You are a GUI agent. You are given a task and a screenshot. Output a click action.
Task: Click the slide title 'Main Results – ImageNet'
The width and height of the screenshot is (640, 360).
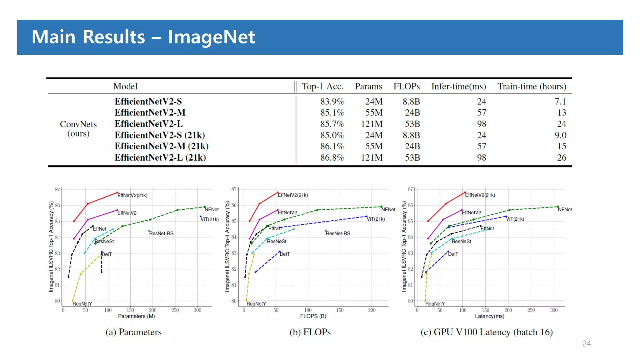coord(143,37)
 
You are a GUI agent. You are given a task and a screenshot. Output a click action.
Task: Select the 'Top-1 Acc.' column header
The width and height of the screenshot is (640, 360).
coord(322,87)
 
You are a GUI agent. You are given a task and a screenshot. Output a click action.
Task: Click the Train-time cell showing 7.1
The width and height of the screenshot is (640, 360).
coord(560,102)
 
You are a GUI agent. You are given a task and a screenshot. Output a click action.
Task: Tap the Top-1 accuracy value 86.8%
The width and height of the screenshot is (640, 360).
coord(332,157)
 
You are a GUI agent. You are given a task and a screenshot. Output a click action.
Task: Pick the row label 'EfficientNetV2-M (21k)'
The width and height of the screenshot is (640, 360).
coord(161,146)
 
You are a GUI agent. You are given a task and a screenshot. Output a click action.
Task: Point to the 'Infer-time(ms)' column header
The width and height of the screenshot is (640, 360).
coord(458,87)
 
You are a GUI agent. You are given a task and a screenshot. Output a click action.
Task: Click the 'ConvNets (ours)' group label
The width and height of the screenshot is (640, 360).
coord(78,129)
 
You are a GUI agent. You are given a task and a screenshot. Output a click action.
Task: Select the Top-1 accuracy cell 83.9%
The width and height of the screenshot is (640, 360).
coord(332,102)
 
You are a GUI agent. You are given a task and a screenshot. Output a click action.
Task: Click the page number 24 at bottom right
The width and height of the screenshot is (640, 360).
coord(587,344)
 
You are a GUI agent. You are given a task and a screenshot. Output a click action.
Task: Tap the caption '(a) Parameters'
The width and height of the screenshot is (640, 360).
coord(133,332)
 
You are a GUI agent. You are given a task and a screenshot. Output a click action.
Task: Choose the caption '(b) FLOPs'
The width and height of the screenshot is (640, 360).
coord(310,332)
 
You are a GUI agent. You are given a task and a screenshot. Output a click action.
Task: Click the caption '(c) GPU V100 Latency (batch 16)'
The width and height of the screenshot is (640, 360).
coord(487,332)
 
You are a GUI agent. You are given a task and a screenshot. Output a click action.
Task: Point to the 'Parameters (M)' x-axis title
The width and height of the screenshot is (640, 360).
coord(137,316)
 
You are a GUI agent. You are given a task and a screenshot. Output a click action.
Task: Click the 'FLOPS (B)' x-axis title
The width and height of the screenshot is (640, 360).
coord(313,316)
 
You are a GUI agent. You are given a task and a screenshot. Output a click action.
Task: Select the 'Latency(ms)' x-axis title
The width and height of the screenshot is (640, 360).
coord(490,316)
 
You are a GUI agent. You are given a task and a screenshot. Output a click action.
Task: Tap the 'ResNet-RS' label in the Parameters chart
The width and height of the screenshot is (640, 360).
coord(161,233)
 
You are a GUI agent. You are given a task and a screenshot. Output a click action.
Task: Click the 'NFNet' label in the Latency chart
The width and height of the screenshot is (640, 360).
coord(565,210)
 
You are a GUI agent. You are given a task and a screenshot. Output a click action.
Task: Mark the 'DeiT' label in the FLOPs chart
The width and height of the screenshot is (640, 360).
coord(285,254)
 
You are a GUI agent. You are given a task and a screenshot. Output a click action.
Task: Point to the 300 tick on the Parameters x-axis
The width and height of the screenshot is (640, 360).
coord(197,310)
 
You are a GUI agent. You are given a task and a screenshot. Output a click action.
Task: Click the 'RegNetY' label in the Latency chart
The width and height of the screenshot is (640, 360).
coord(435,304)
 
